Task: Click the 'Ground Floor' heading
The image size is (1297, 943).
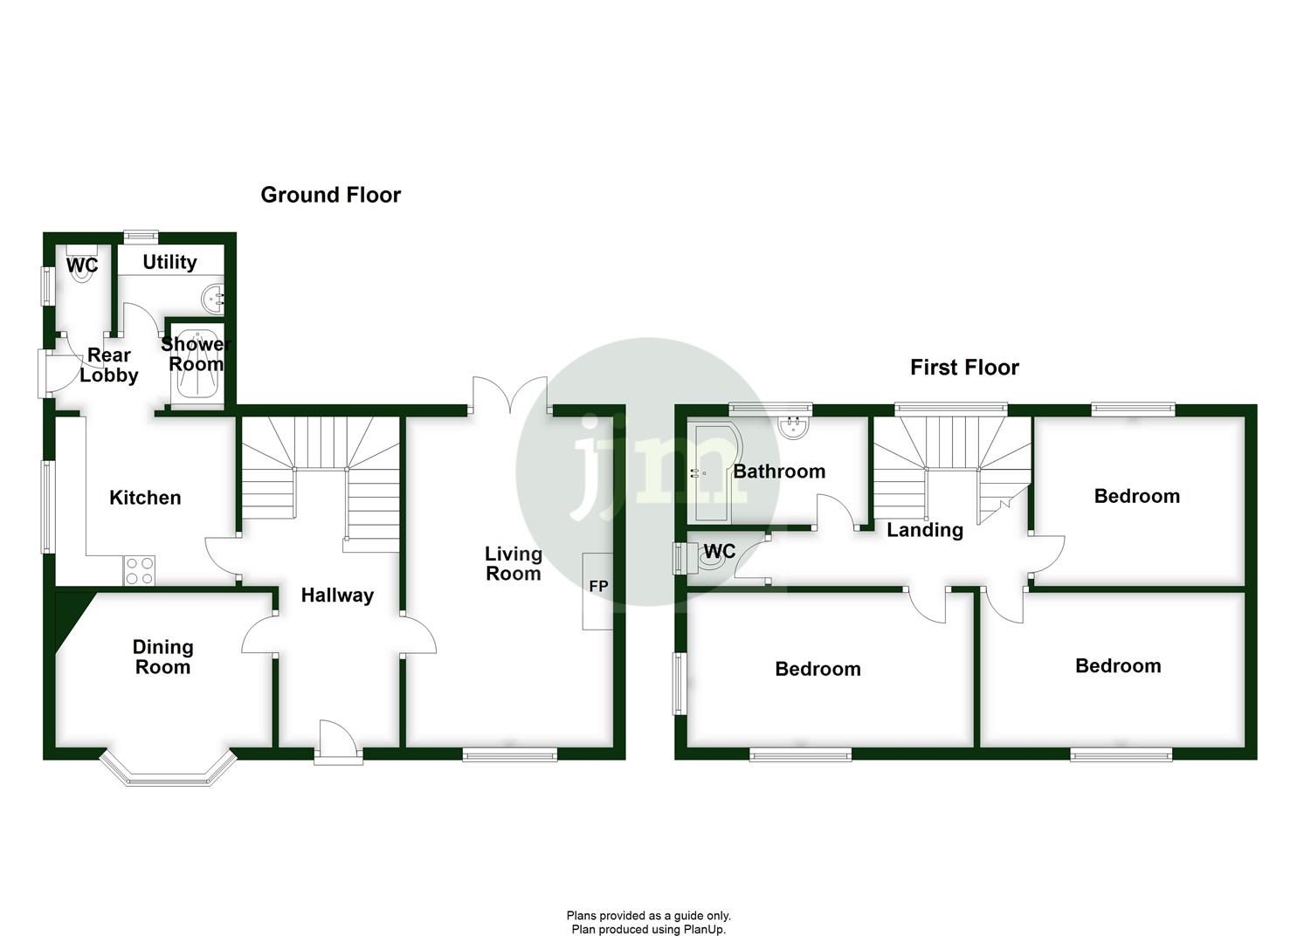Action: (x=330, y=195)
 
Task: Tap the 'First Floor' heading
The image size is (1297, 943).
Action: (x=964, y=368)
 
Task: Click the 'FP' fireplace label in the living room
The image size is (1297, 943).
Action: (x=598, y=587)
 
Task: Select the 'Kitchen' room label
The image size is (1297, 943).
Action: (x=145, y=498)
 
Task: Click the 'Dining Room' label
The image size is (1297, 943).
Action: (x=162, y=657)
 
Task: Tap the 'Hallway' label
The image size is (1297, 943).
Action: (x=337, y=595)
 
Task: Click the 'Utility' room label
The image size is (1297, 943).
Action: (x=169, y=262)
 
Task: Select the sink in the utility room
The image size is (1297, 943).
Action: (x=213, y=299)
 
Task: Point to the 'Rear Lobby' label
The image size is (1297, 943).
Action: (x=109, y=365)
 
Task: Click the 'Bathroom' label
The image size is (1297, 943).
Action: (x=779, y=471)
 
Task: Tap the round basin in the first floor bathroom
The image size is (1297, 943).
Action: (x=793, y=426)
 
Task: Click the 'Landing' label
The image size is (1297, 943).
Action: (x=925, y=530)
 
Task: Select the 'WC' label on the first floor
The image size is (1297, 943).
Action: (x=719, y=552)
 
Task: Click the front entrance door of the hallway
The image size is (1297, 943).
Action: (x=338, y=743)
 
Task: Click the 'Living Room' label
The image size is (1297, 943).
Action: (x=514, y=563)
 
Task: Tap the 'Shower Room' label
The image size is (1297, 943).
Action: (x=194, y=354)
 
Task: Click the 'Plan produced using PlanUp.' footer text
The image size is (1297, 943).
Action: (x=648, y=929)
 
